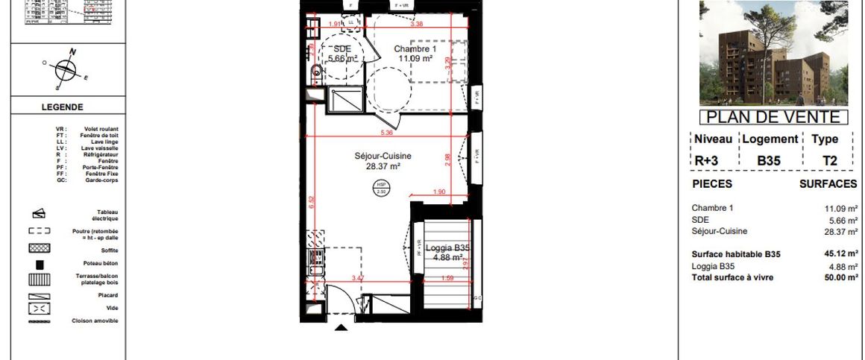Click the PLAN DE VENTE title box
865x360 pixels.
coord(774,117)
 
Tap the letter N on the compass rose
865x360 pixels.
coord(73,51)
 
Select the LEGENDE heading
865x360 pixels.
coord(62,107)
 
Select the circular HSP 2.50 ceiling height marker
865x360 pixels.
coord(382,188)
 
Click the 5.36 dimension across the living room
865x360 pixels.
coord(386,133)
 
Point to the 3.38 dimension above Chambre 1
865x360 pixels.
coord(418,24)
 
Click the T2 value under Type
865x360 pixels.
coord(829,160)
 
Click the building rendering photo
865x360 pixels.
coord(774,54)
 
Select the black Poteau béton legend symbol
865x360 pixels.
coord(40,264)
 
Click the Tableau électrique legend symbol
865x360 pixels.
coord(40,213)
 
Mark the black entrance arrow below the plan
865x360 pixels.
coord(342,327)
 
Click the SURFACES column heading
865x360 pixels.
coord(828,184)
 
